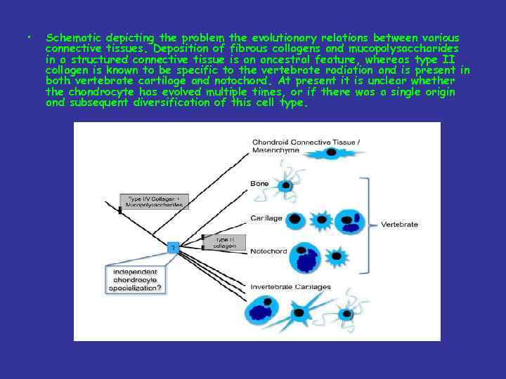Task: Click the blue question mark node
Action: coord(172,248)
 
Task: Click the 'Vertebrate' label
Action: coord(399,224)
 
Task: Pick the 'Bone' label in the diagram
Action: coord(259,183)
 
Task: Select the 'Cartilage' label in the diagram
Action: coord(266,218)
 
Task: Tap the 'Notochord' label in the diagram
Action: coord(268,251)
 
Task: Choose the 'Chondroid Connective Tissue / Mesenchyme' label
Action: coord(306,147)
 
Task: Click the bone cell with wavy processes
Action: coord(285,185)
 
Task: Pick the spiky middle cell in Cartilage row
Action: coord(322,220)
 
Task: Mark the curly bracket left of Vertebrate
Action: coord(365,224)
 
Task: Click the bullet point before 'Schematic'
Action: coord(25,36)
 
